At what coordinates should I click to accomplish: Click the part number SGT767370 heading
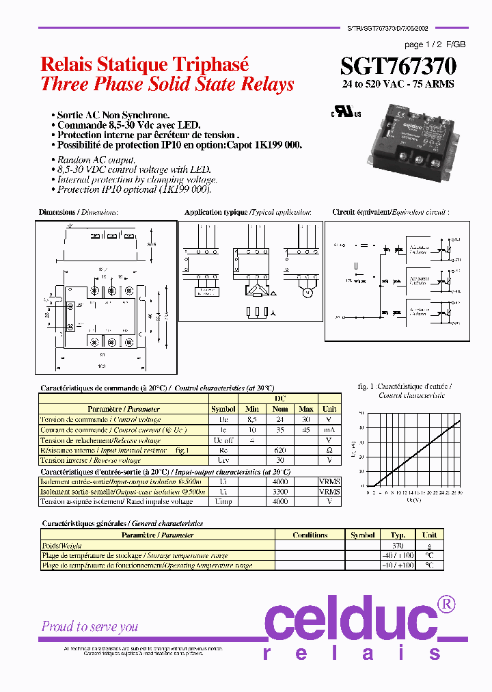tap(398, 66)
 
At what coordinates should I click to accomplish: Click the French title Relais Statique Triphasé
tap(145, 64)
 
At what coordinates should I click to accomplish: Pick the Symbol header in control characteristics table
tap(223, 409)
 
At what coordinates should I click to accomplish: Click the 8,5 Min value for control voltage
tap(252, 419)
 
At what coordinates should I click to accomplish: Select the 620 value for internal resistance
tap(280, 450)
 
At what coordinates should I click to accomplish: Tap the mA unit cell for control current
tap(329, 429)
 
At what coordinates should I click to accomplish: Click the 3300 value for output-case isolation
tap(280, 492)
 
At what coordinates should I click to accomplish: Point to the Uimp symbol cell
tap(223, 501)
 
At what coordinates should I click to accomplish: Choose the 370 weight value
tap(398, 545)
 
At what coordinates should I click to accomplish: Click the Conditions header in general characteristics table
tap(310, 535)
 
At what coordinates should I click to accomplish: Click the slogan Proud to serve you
tap(90, 626)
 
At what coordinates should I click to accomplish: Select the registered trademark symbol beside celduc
tap(446, 604)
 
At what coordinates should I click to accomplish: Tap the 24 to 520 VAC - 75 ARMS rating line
tap(398, 84)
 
